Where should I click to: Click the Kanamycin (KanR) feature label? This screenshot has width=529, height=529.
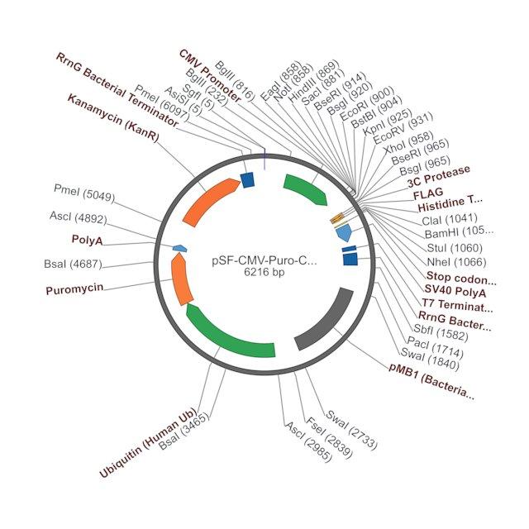113,118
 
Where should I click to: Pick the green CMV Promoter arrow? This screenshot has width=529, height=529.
307,188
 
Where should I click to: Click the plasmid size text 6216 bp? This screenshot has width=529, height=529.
264,272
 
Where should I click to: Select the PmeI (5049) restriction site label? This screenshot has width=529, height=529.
84,193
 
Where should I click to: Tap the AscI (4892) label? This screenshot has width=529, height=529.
79,217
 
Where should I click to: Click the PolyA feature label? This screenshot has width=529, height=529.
87,240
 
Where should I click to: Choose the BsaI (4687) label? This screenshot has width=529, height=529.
73,264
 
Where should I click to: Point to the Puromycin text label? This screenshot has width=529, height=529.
74,289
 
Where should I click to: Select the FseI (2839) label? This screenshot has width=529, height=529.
329,438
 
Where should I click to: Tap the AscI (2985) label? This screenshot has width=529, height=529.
308,441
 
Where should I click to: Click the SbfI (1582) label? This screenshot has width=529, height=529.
441,332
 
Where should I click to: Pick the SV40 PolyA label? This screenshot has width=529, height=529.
455,291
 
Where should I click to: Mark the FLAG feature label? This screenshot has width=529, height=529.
428,193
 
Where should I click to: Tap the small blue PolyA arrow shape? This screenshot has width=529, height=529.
180,248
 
